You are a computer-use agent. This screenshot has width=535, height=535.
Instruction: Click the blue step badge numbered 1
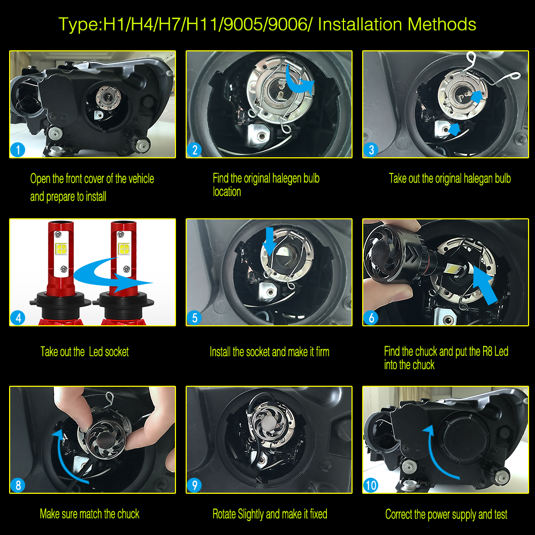(x=18, y=150)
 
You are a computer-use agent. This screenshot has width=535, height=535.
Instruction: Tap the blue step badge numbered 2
(x=194, y=150)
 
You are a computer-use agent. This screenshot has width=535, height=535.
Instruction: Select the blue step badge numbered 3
(x=371, y=150)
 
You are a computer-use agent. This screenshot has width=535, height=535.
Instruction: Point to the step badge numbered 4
(x=18, y=318)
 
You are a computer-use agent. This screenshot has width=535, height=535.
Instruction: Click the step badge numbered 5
(x=194, y=318)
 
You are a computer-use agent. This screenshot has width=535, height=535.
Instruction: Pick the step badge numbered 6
(x=371, y=318)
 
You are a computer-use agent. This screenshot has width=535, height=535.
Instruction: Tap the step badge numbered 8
(x=18, y=485)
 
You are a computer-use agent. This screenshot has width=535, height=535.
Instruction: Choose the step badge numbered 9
(x=194, y=485)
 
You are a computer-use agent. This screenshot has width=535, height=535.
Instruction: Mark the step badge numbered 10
(x=371, y=485)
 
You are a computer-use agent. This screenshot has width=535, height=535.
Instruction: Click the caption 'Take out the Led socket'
(x=85, y=351)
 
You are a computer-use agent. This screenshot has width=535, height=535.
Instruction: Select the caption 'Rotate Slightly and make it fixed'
(x=270, y=514)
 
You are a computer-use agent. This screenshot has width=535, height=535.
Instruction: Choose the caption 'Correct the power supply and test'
(x=446, y=514)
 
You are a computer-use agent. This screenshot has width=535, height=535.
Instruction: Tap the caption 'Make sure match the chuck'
(x=89, y=514)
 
